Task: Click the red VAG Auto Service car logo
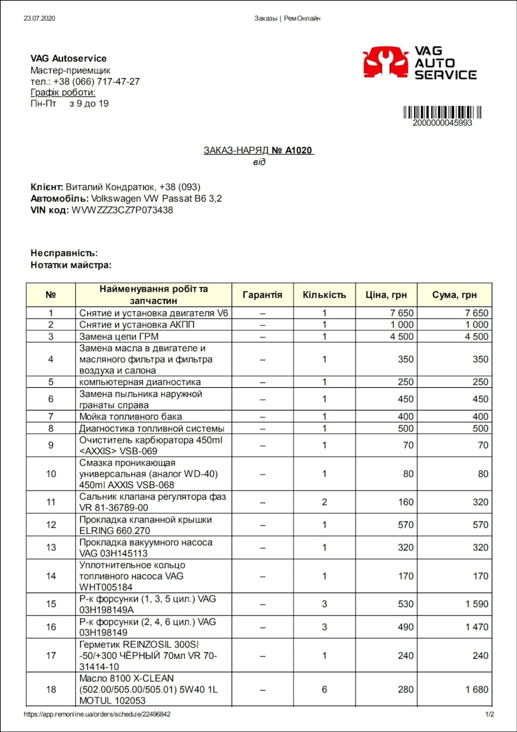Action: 385,62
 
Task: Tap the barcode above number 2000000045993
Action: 442,112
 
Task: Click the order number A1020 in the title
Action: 298,150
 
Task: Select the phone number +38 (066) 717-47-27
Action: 96,81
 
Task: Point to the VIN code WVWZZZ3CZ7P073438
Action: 122,210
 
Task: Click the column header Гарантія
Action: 262,295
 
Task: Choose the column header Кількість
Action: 324,295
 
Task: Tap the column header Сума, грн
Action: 455,295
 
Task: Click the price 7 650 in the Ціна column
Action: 402,313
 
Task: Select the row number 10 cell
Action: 51,474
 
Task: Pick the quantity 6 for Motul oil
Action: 324,689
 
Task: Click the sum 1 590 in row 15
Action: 477,604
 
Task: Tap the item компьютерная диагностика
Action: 140,382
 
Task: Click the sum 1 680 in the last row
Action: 477,689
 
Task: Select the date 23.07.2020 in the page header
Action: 39,18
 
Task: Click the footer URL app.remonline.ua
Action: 97,714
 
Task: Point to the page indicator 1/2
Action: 490,714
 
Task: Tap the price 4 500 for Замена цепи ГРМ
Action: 402,337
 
